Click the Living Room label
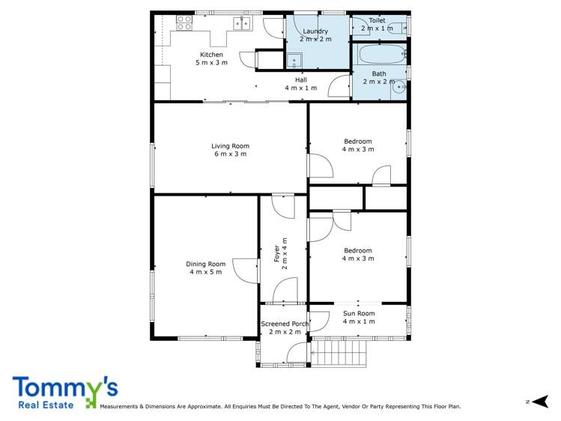pyautogui.click(x=229, y=150)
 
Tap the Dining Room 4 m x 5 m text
pyautogui.click(x=206, y=267)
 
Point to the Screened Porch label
pyautogui.click(x=284, y=327)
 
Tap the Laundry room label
pyautogui.click(x=315, y=34)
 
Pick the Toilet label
pyautogui.click(x=376, y=24)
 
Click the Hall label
pyautogui.click(x=300, y=83)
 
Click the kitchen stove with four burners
pyautogui.click(x=184, y=23)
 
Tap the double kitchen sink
pyautogui.click(x=241, y=23)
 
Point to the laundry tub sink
pyautogui.click(x=294, y=60)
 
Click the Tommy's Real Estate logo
pyautogui.click(x=64, y=392)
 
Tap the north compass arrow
pyautogui.click(x=542, y=402)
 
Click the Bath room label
pyautogui.click(x=379, y=77)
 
